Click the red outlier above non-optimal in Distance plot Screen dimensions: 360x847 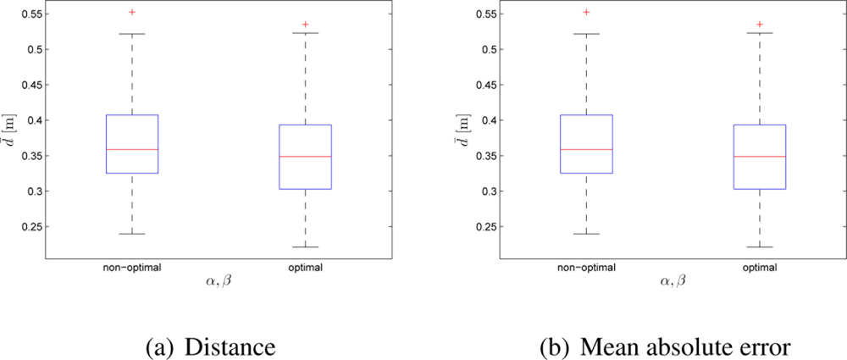[131, 12]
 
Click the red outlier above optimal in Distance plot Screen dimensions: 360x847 [305, 25]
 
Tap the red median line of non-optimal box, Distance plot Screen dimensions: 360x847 [131, 149]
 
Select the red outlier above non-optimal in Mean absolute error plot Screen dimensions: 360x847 [586, 12]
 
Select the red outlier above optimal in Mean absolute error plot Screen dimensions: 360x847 [760, 25]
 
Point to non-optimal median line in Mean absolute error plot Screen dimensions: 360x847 [586, 149]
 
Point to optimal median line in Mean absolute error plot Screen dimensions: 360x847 [760, 157]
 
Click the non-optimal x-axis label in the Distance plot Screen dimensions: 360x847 [131, 267]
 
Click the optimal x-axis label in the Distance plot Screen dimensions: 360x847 [305, 267]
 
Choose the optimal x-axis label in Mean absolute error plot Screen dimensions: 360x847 [760, 267]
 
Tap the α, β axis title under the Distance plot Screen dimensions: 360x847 [219, 281]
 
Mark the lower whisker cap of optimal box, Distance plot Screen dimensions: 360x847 [305, 247]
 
